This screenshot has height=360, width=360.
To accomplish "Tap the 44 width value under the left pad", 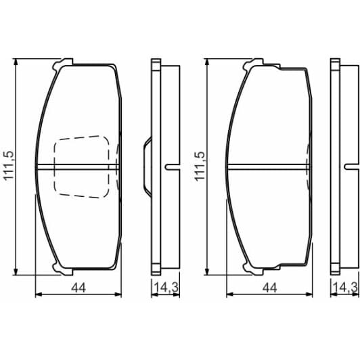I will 78,288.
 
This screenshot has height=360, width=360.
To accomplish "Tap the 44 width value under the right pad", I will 269,288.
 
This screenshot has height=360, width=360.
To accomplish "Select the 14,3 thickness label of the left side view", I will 164,288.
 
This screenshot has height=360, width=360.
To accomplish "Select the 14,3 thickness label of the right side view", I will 344,288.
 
